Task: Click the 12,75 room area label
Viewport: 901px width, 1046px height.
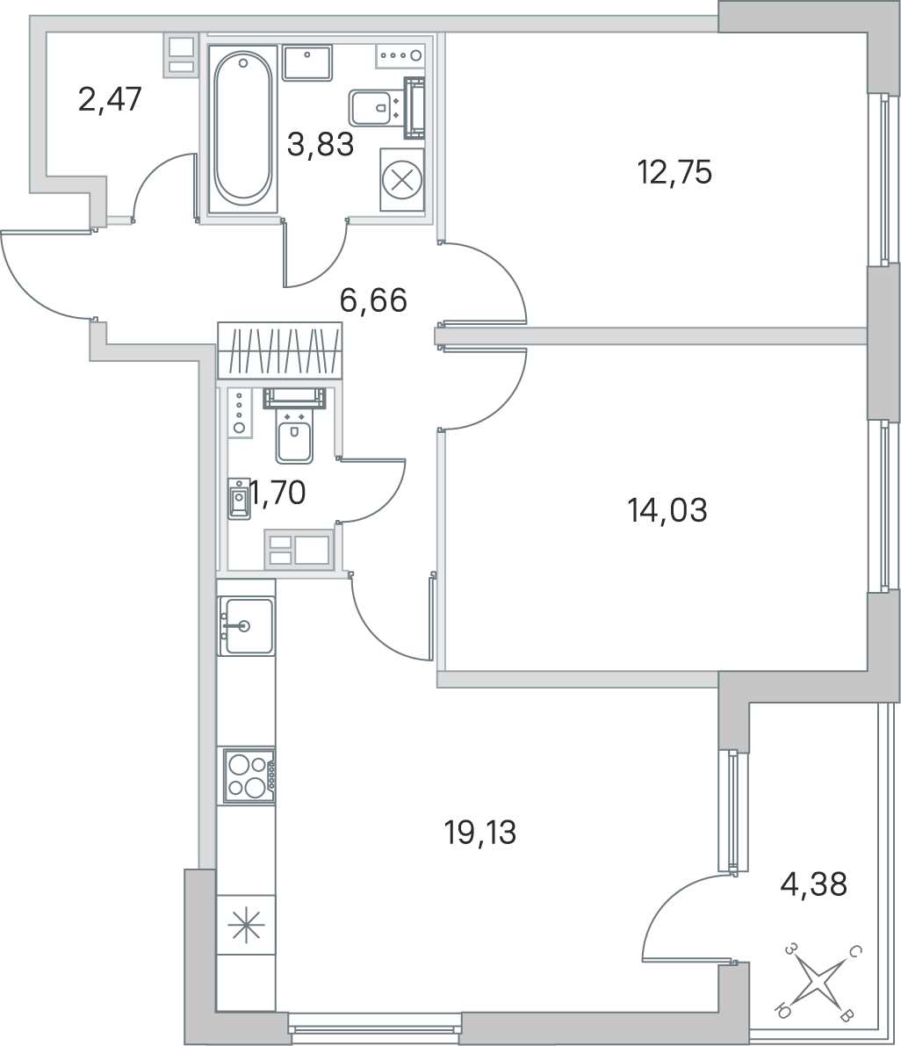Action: click(x=675, y=173)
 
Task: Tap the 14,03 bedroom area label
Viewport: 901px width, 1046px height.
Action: click(x=667, y=511)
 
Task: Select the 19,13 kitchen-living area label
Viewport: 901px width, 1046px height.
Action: click(x=480, y=833)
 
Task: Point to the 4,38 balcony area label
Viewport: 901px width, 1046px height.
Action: click(x=814, y=884)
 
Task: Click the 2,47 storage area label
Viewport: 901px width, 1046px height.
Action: click(x=110, y=100)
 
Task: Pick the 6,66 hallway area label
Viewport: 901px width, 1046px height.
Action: click(x=373, y=300)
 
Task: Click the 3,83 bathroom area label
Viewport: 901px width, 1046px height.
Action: click(x=321, y=144)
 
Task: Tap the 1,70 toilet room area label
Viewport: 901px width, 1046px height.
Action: click(x=278, y=493)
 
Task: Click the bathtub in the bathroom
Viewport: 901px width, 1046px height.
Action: click(x=242, y=129)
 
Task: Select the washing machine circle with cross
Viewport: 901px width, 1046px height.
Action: click(x=401, y=181)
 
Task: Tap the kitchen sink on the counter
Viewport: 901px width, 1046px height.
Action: click(x=246, y=625)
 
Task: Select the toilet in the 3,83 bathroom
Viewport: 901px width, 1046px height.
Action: click(x=386, y=107)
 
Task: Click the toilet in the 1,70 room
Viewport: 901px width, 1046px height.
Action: click(x=295, y=425)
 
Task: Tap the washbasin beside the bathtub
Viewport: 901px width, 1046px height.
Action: click(x=306, y=62)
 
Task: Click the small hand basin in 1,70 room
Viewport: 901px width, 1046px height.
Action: click(x=239, y=499)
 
